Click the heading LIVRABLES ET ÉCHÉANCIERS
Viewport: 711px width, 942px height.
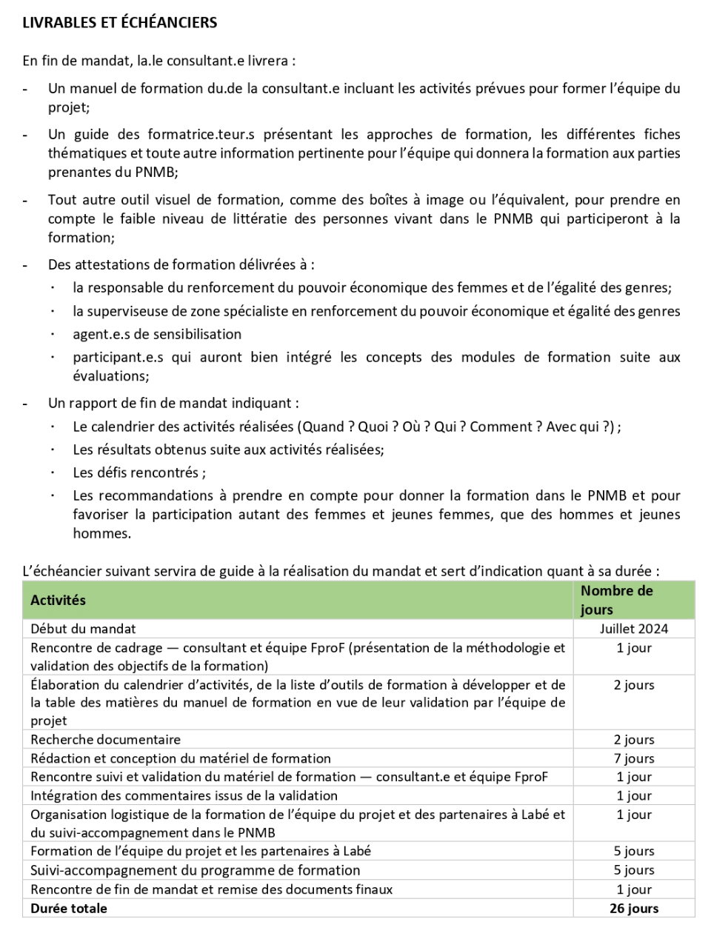pyautogui.click(x=119, y=23)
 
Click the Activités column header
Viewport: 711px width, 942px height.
pyautogui.click(x=58, y=601)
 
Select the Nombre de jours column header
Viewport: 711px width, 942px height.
pyautogui.click(x=616, y=600)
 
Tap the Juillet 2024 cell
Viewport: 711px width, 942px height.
pyautogui.click(x=633, y=629)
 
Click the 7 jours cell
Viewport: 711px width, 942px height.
pyautogui.click(x=633, y=758)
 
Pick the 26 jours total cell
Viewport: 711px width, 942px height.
pyautogui.click(x=633, y=908)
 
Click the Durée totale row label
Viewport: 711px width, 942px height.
pyautogui.click(x=69, y=908)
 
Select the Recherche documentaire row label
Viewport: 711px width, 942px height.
pyautogui.click(x=105, y=739)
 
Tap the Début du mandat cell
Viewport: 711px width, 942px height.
pyautogui.click(x=83, y=629)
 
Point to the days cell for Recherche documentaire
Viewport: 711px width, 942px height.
pyautogui.click(x=633, y=739)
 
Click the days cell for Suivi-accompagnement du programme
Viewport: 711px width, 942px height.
pyautogui.click(x=633, y=870)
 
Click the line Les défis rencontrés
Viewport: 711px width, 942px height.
pyautogui.click(x=139, y=472)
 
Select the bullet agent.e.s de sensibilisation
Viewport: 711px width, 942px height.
pyautogui.click(x=157, y=334)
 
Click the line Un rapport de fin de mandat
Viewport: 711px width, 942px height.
pyautogui.click(x=173, y=404)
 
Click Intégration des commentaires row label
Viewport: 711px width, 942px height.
pyautogui.click(x=184, y=795)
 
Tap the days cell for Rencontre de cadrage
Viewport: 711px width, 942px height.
pyautogui.click(x=633, y=648)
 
